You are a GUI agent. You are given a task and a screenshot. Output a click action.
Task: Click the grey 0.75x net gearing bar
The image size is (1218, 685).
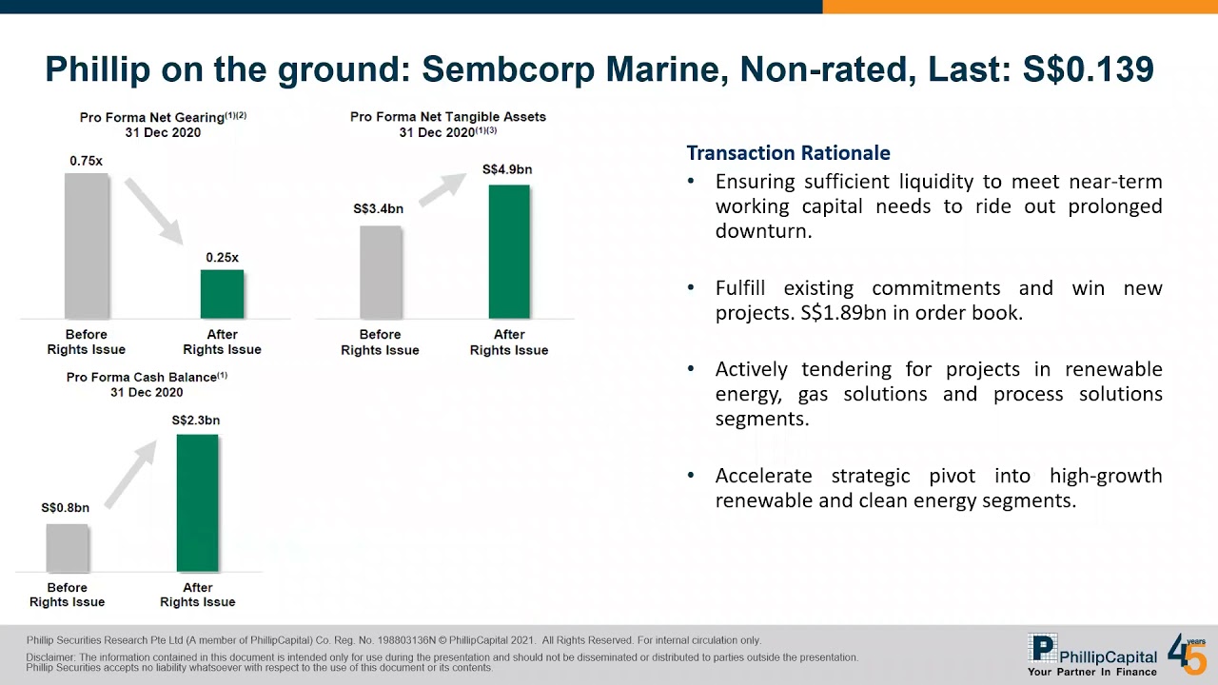pos(86,245)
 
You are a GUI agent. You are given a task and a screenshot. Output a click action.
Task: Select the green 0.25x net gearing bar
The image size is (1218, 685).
pos(222,294)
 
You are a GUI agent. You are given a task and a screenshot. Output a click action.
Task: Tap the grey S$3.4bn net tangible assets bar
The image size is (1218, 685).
pos(381,272)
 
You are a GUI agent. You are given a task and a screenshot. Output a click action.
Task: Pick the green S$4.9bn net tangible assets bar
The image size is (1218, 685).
pos(509,251)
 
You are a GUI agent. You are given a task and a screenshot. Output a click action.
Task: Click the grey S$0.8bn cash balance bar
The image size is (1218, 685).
pos(67,548)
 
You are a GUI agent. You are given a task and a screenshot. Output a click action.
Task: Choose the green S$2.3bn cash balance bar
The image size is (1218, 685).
pos(197,503)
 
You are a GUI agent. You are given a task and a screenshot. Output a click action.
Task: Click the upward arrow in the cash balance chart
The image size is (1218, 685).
pos(130,474)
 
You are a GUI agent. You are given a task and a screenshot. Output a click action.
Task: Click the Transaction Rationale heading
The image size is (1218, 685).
pos(788,153)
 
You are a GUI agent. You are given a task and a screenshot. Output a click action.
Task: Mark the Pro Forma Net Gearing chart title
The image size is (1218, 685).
pos(163,117)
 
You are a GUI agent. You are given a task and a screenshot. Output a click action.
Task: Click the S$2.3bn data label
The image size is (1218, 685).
pos(196,421)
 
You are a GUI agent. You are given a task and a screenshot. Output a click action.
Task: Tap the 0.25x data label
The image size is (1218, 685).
pos(222,258)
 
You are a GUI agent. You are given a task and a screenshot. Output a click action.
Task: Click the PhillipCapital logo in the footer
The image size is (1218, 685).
pos(1092,655)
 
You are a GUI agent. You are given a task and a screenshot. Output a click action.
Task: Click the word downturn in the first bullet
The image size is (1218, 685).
pos(763,231)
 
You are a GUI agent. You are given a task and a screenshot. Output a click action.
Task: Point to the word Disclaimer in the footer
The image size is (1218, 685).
pos(51,657)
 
